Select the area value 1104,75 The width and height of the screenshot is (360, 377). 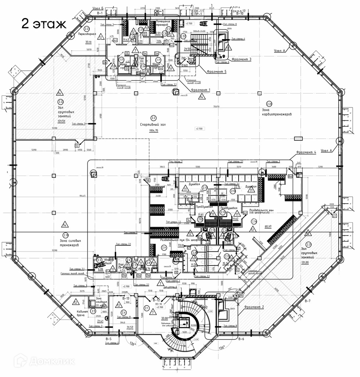pos(154,131)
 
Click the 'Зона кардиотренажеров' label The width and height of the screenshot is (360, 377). pos(277,112)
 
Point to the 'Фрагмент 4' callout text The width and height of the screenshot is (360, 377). pos(305,152)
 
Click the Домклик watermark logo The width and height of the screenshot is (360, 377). pos(44,361)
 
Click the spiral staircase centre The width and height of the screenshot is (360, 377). pos(182,320)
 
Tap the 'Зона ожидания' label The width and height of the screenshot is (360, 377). pos(101,301)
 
